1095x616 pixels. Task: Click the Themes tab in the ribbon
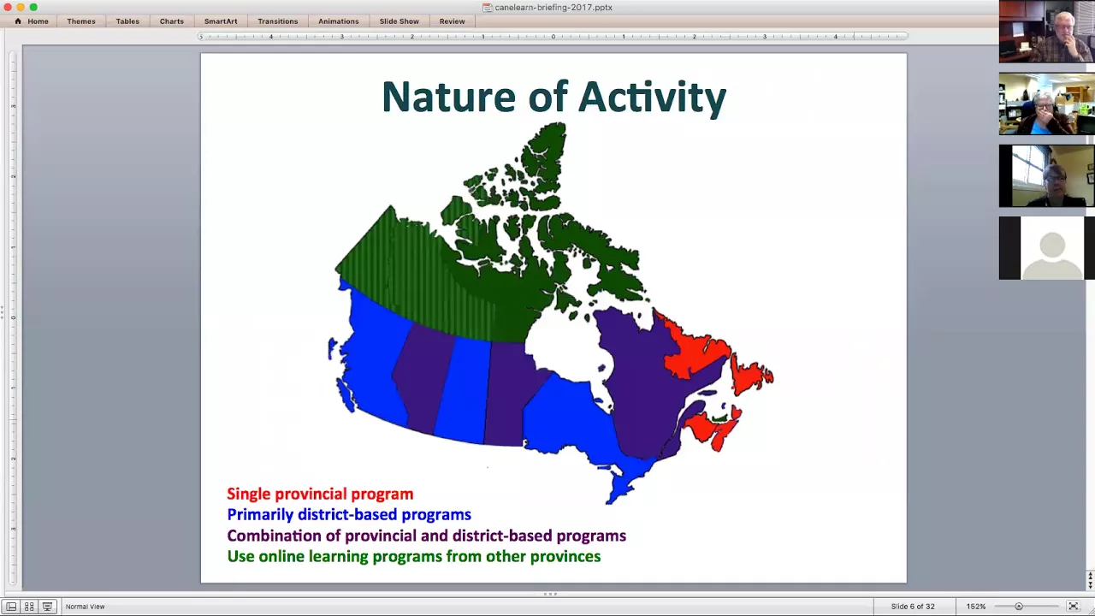pyautogui.click(x=81, y=21)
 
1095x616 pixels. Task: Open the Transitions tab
pyautogui.click(x=278, y=21)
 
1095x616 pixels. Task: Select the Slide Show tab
pyautogui.click(x=399, y=21)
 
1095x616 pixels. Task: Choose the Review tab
pyautogui.click(x=452, y=21)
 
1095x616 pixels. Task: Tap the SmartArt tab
pyautogui.click(x=221, y=21)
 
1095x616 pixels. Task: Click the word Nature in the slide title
pyautogui.click(x=448, y=97)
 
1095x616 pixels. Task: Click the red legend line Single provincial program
pyautogui.click(x=320, y=494)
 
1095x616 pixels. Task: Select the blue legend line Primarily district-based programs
pyautogui.click(x=349, y=515)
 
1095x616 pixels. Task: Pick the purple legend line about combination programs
pyautogui.click(x=426, y=536)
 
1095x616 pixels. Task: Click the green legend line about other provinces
pyautogui.click(x=414, y=556)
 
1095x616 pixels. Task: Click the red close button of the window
pyautogui.click(x=8, y=7)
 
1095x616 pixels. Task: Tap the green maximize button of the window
pyautogui.click(x=33, y=7)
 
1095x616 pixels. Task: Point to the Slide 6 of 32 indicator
pyautogui.click(x=913, y=607)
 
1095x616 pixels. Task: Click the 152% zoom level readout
pyautogui.click(x=976, y=607)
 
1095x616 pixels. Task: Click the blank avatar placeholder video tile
pyautogui.click(x=1046, y=248)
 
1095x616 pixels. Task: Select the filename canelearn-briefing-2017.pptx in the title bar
pyautogui.click(x=553, y=8)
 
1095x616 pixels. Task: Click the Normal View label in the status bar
pyautogui.click(x=85, y=607)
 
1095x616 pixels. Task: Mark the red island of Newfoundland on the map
pyautogui.click(x=751, y=374)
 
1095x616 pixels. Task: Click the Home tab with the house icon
pyautogui.click(x=32, y=21)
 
